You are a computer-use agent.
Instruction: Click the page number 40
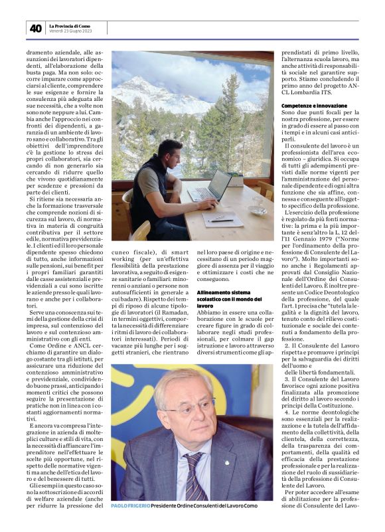35,29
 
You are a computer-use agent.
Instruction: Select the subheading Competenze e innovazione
314,106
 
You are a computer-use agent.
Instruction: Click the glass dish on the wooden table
258,209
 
